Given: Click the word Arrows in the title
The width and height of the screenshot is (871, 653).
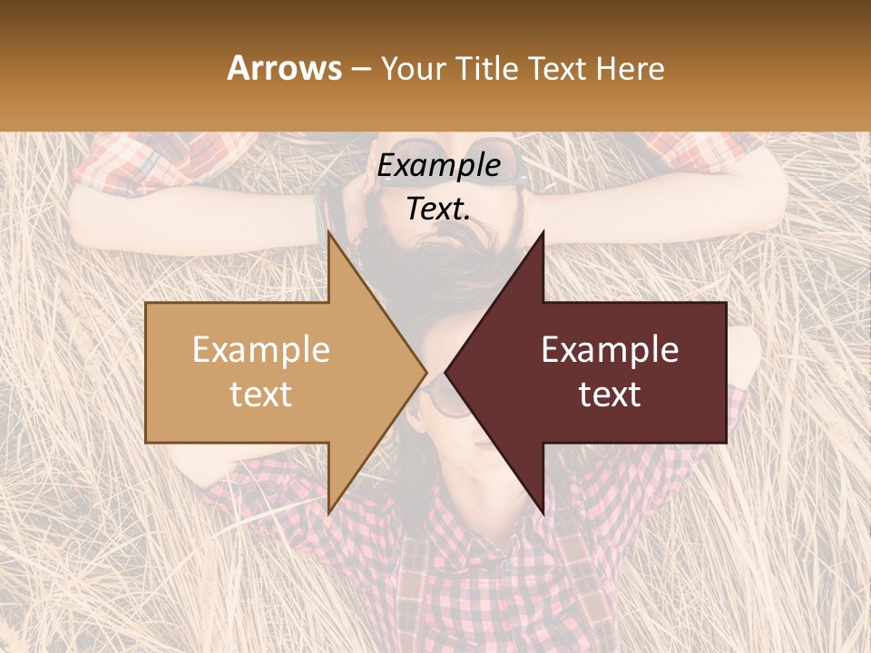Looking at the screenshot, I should tap(285, 68).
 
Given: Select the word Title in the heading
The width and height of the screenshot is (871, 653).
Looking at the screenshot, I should tap(487, 68).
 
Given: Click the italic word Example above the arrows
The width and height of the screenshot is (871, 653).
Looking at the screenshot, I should tap(439, 166).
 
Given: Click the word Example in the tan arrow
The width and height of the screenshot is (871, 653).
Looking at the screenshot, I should tap(261, 350).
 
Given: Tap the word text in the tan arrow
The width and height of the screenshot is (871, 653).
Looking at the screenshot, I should tap(261, 395).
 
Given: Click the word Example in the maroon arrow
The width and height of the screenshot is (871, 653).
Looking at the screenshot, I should tap(610, 350).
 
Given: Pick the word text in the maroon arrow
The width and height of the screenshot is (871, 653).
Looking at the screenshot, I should tap(610, 395).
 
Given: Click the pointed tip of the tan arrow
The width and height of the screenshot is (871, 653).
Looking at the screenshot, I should tap(426, 372).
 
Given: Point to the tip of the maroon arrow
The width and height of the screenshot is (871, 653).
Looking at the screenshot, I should tap(445, 372).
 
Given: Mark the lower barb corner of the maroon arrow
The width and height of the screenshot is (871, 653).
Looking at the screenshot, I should tap(543, 514).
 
